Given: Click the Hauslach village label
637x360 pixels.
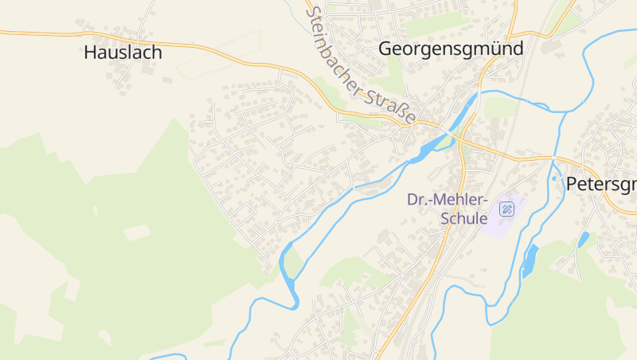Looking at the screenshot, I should coord(123,53).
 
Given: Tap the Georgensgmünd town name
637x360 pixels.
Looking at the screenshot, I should coord(451,49).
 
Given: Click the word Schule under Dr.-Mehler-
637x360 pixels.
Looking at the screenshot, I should coord(463,218).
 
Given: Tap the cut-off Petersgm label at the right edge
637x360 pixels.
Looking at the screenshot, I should coord(601,185).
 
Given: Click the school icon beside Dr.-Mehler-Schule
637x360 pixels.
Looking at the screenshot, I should coord(506,209).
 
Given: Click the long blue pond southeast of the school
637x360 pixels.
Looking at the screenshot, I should coord(530,261).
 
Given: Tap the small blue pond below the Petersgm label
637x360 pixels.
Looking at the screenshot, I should coord(584,239).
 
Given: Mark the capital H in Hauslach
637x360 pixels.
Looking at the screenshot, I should coord(90,53).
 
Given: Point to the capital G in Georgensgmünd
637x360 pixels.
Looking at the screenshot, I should coord(386,49).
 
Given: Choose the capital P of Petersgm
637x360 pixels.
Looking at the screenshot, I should coord(571,185).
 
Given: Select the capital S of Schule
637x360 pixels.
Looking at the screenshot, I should coord(446,218).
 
